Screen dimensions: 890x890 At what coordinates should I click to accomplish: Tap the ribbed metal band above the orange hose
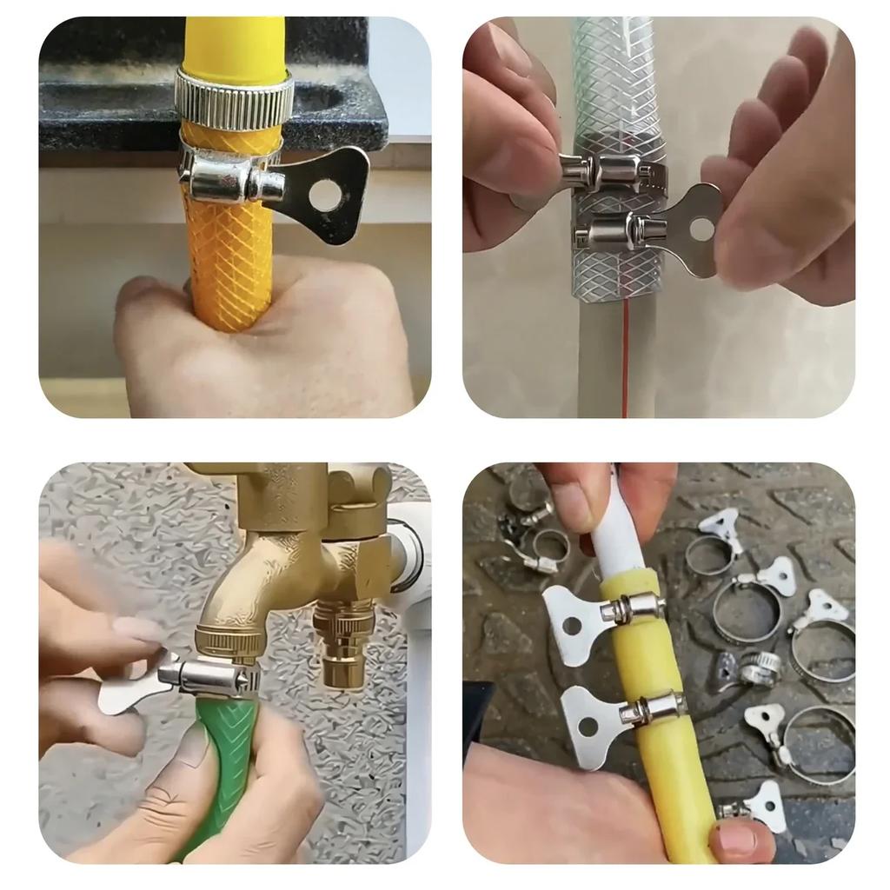tap(233, 99)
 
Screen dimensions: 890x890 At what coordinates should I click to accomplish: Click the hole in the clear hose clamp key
tap(701, 229)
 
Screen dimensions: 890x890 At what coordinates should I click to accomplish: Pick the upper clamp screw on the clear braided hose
tap(600, 171)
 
